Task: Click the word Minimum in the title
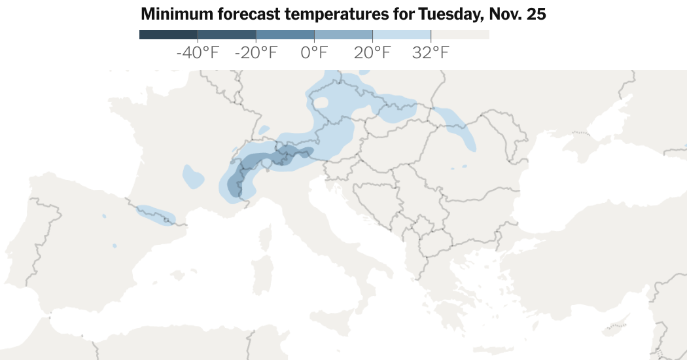tap(172, 14)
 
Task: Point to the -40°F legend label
tap(198, 53)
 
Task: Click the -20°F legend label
tap(256, 53)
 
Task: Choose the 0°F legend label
tap(314, 53)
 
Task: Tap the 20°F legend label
tap(372, 53)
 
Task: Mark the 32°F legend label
tap(431, 53)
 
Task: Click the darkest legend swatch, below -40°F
tap(168, 35)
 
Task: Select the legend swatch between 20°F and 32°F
tap(402, 35)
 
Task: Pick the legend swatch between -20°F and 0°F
tap(285, 35)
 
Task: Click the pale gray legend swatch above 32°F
tap(460, 35)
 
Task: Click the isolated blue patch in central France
tap(194, 177)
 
